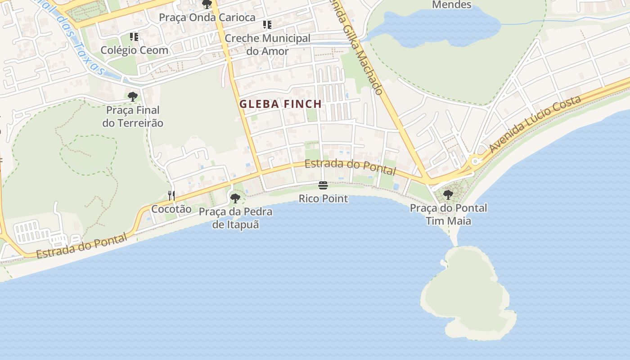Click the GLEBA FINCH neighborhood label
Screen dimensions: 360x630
tap(280, 104)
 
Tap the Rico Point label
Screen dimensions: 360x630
tap(323, 198)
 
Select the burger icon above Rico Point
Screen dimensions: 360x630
tap(323, 185)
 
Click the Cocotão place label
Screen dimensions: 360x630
tap(171, 209)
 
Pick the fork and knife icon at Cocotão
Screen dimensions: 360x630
tap(171, 195)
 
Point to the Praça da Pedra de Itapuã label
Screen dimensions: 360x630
tap(235, 218)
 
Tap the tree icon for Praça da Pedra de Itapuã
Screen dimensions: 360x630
tap(235, 198)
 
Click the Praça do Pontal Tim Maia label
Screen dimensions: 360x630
tap(448, 214)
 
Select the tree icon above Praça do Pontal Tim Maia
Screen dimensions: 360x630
tap(448, 195)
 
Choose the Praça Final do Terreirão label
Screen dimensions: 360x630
tap(133, 117)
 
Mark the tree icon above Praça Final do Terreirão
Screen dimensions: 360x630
tap(132, 96)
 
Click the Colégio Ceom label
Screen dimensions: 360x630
tap(134, 50)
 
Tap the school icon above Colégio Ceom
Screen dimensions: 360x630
tap(134, 36)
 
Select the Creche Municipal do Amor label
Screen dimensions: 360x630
tap(267, 45)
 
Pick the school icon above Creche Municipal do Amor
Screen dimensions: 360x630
tap(267, 25)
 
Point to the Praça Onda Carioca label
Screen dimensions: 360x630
tap(207, 18)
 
